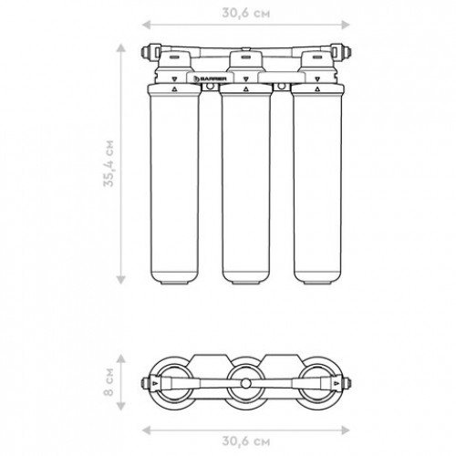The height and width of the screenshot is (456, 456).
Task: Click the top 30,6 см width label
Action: coord(246,13)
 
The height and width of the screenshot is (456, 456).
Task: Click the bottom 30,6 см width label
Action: coord(246,441)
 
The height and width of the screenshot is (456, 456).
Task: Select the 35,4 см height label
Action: coord(109,163)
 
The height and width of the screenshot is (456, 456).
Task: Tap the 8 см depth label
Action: coord(109,382)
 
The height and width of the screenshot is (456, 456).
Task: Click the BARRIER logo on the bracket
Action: coord(211,78)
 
